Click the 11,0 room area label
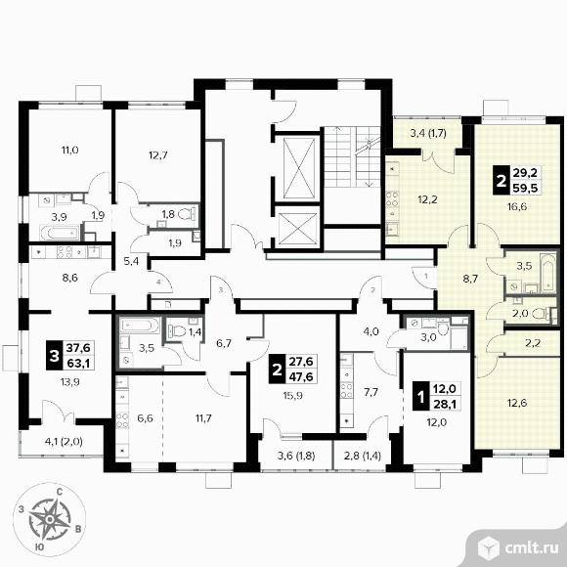point(70,150)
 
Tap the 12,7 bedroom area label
point(158,155)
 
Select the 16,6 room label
point(517,207)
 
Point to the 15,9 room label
point(293,395)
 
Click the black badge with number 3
point(54,356)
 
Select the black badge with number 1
point(420,397)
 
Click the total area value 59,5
point(526,188)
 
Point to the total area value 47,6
point(301,376)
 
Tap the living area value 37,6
point(78,348)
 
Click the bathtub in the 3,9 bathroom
point(60,233)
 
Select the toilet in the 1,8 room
point(188,213)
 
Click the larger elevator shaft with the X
point(299,168)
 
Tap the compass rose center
point(50,520)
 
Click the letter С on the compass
point(60,492)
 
